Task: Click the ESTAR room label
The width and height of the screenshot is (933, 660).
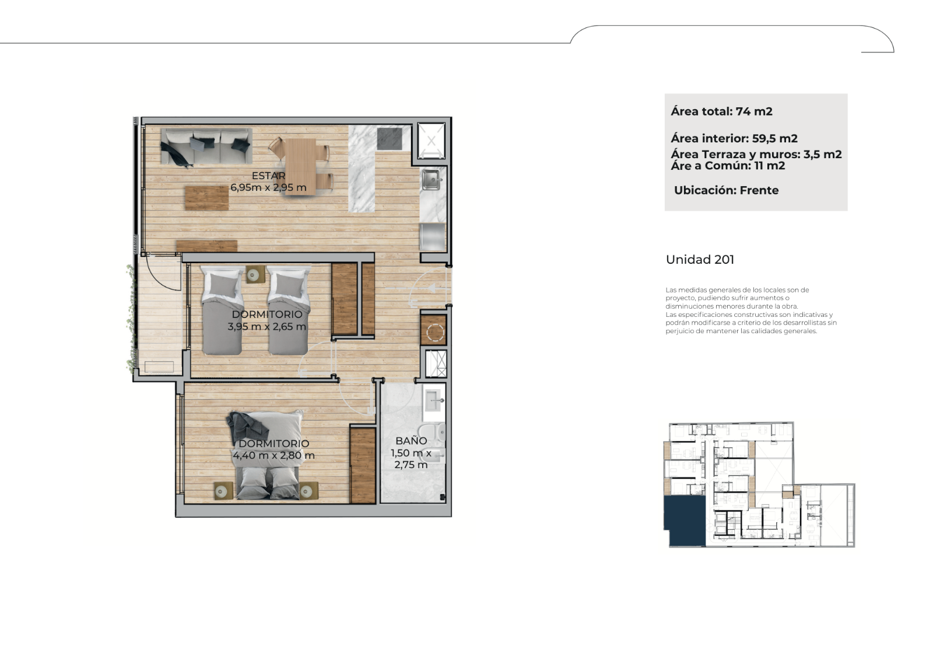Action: point(269,176)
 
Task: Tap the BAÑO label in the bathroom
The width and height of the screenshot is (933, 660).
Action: point(411,441)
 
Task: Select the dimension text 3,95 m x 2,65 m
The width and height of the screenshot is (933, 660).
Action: point(267,326)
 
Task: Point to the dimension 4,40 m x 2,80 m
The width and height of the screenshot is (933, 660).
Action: point(273,455)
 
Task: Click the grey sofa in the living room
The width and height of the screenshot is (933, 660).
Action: point(206,146)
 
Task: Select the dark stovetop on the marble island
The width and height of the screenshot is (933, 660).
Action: point(390,139)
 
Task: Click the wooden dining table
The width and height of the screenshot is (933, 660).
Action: point(301,161)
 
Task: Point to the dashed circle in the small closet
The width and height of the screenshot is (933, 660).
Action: point(434,332)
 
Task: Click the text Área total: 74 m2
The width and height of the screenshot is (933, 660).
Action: point(721,111)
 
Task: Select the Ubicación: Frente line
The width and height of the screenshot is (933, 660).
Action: point(727,190)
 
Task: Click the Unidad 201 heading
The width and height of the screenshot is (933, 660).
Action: point(700,259)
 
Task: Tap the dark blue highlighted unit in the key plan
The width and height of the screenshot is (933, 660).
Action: point(685,521)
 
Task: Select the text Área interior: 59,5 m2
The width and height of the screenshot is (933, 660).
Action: point(734,138)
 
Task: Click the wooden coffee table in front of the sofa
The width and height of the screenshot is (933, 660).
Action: point(206,198)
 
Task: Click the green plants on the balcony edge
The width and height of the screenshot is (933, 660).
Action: point(132,317)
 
